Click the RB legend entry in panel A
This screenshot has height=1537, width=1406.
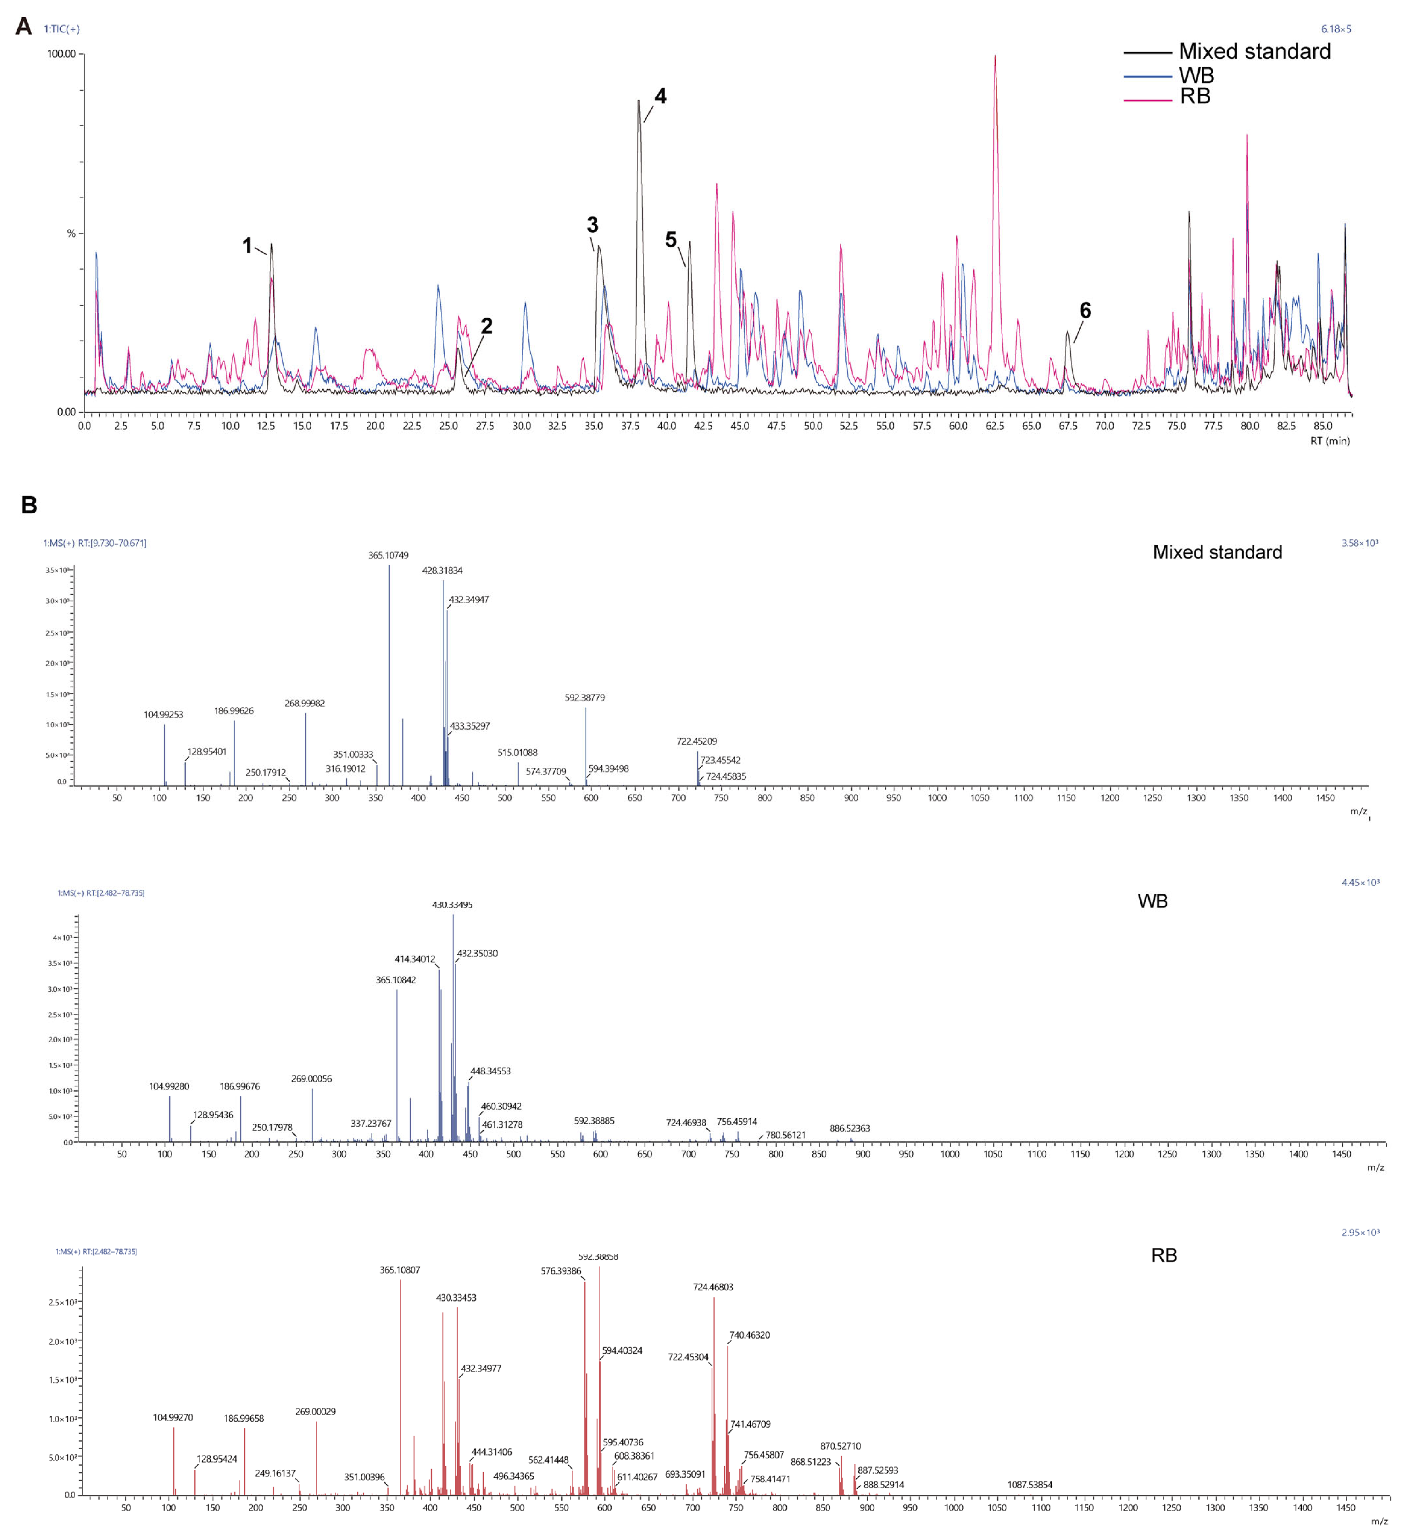tap(1195, 97)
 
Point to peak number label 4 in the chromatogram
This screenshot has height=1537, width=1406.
tap(660, 97)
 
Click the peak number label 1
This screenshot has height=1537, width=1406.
tap(247, 246)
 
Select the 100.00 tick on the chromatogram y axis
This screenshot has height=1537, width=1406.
tap(61, 54)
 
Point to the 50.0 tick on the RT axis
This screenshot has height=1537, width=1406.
tap(813, 426)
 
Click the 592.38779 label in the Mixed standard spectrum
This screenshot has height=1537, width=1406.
tap(585, 698)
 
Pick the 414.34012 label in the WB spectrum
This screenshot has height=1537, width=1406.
tap(415, 959)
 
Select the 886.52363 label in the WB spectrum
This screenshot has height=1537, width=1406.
tap(849, 1128)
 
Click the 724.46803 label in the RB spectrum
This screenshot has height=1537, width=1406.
tap(713, 1287)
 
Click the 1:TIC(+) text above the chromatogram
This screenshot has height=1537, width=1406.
tap(62, 29)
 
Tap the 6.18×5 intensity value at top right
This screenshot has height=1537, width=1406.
tap(1336, 29)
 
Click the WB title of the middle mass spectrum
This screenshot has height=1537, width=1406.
tap(1152, 901)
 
